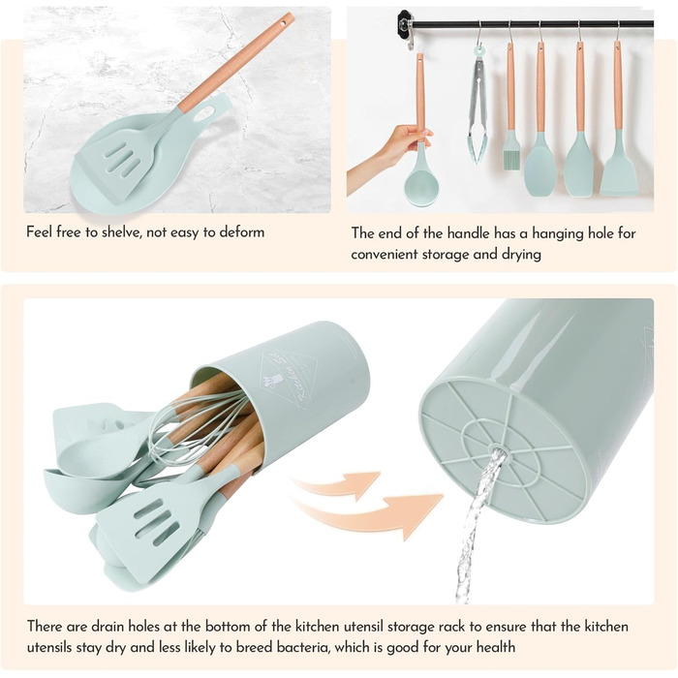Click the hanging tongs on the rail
point(477,106)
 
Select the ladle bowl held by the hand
point(421,187)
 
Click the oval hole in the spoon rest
point(203,113)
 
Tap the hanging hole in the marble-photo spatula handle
point(285,20)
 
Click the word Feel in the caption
point(40,232)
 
